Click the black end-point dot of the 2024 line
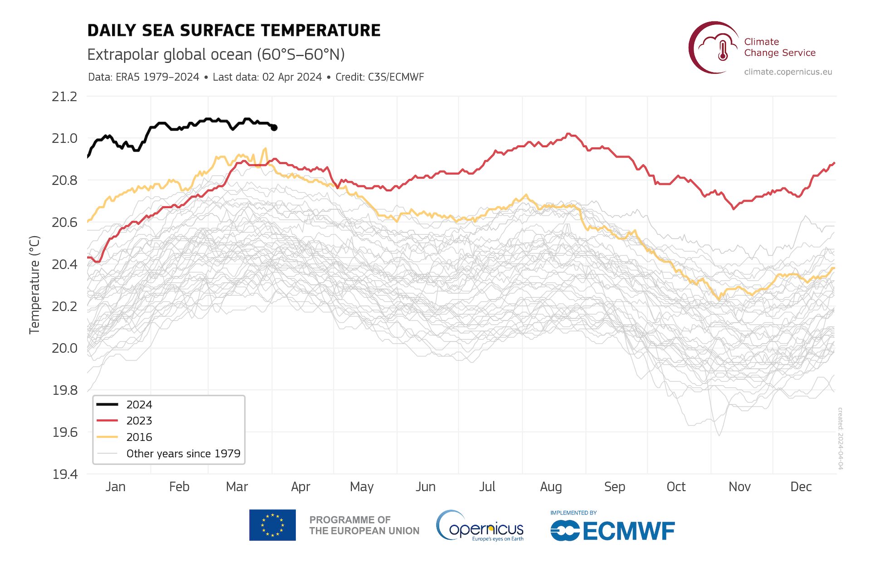click(x=274, y=128)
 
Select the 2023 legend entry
click(x=139, y=421)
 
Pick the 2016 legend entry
click(x=139, y=437)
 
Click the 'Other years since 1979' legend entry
click(x=183, y=454)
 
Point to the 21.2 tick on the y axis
click(x=64, y=97)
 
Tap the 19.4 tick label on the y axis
click(x=65, y=474)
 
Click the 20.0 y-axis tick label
click(x=64, y=348)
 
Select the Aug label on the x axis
click(x=551, y=487)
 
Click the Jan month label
click(x=115, y=487)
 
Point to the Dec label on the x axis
click(x=801, y=487)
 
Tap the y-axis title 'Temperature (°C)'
click(x=34, y=285)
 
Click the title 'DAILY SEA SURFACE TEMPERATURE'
click(x=234, y=30)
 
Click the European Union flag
click(x=272, y=525)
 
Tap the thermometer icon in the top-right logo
click(x=723, y=50)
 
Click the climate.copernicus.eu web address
click(x=788, y=72)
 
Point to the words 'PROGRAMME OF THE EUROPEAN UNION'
click(x=364, y=525)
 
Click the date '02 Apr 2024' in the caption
click(x=292, y=77)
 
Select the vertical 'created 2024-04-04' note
click(x=840, y=438)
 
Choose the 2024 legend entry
click(x=139, y=405)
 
